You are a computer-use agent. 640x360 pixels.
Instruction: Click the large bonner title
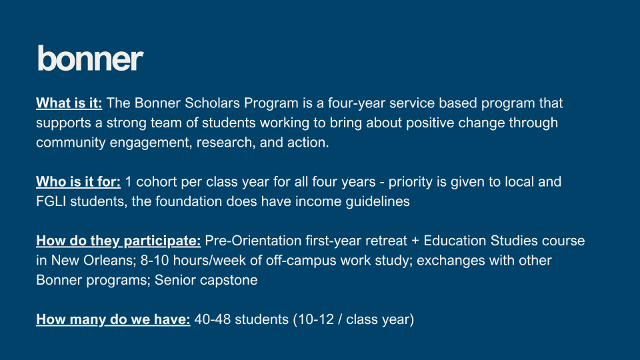pos(90,59)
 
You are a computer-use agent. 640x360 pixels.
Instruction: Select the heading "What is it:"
pos(69,103)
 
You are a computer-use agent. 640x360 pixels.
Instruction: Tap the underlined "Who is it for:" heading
pos(79,181)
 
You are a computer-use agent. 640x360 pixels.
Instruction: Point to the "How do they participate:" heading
pos(119,241)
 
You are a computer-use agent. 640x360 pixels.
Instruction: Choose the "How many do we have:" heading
pos(113,319)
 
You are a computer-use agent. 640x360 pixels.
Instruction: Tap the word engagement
pos(150,143)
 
